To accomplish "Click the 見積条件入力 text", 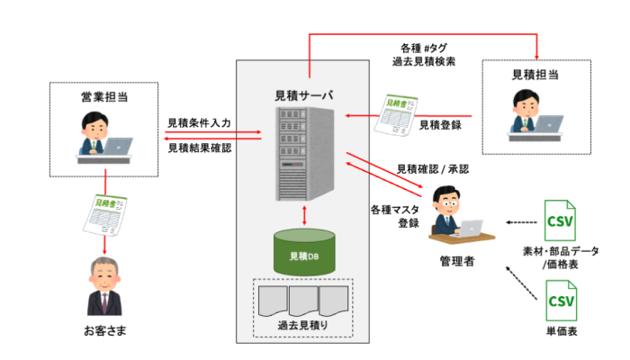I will tap(199, 122).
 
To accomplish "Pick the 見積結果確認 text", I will tap(199, 148).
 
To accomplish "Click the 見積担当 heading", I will tap(535, 74).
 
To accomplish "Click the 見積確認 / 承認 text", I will tap(432, 168).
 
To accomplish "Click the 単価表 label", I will tap(561, 332).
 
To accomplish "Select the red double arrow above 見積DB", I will tap(307, 216).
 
